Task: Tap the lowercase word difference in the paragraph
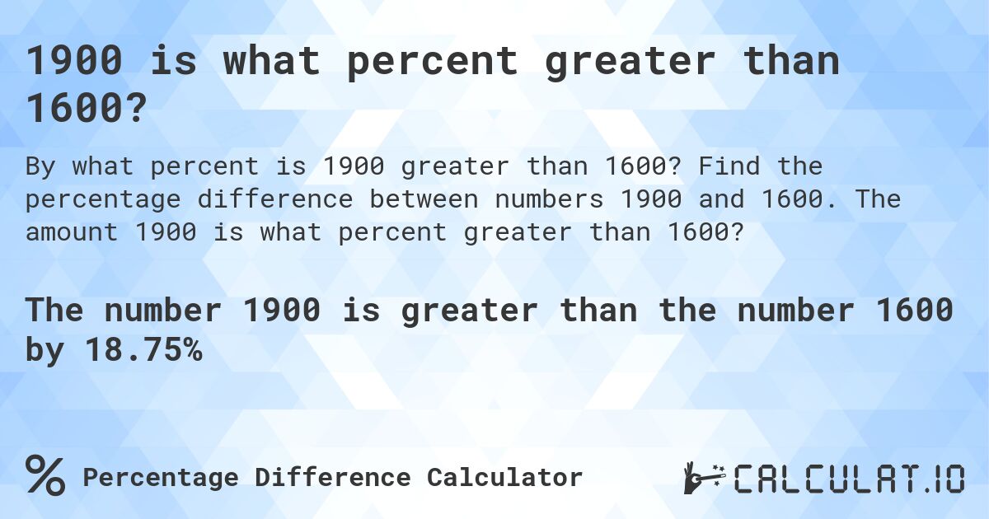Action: click(282, 200)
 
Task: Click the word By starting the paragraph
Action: click(42, 166)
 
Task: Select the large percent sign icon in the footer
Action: click(45, 476)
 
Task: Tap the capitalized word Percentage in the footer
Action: click(161, 477)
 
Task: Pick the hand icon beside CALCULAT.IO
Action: click(702, 478)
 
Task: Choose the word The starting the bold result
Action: click(54, 311)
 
